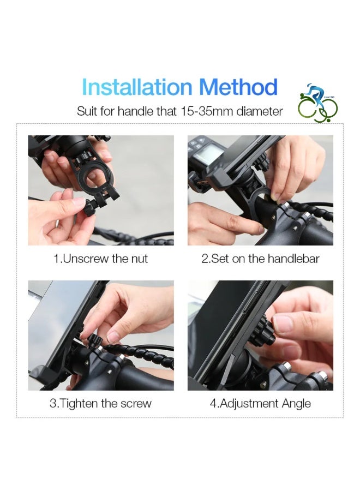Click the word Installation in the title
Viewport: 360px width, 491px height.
pyautogui.click(x=136, y=87)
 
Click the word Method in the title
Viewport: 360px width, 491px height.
pyautogui.click(x=238, y=87)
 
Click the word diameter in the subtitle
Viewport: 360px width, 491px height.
pyautogui.click(x=260, y=111)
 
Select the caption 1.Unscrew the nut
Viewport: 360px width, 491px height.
pyautogui.click(x=100, y=259)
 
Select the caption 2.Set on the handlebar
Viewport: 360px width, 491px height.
pyautogui.click(x=260, y=259)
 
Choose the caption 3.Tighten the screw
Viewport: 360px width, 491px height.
pyautogui.click(x=100, y=403)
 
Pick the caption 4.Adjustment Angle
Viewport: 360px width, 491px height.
pyautogui.click(x=260, y=403)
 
